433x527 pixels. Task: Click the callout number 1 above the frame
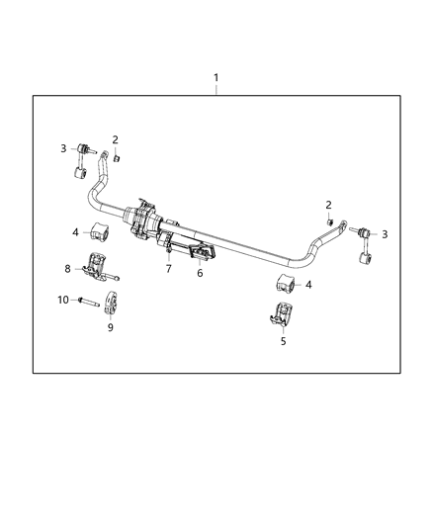(216, 77)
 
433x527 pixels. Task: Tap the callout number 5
(284, 341)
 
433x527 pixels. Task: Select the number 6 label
(200, 273)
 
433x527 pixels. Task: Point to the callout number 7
(169, 269)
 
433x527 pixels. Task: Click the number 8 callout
(68, 268)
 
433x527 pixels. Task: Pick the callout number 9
(111, 327)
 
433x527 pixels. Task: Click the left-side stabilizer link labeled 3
(84, 163)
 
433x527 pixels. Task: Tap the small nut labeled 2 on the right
(328, 220)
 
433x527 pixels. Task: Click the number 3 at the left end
(62, 148)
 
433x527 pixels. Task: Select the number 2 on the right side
(328, 204)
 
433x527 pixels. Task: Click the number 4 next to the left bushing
(74, 232)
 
